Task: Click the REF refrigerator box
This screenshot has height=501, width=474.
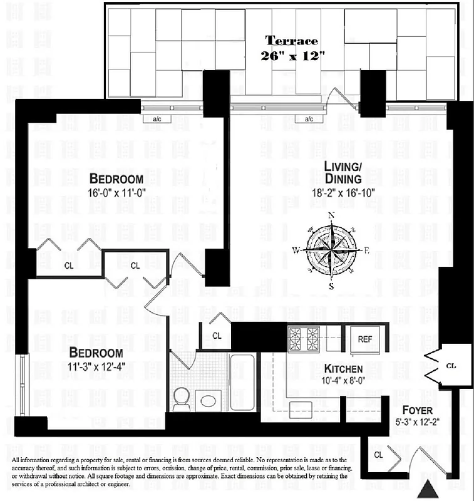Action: [365, 339]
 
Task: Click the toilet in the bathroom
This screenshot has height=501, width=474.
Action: [182, 399]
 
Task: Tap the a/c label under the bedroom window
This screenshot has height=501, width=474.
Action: [153, 119]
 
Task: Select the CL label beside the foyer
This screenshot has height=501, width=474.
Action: [451, 364]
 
